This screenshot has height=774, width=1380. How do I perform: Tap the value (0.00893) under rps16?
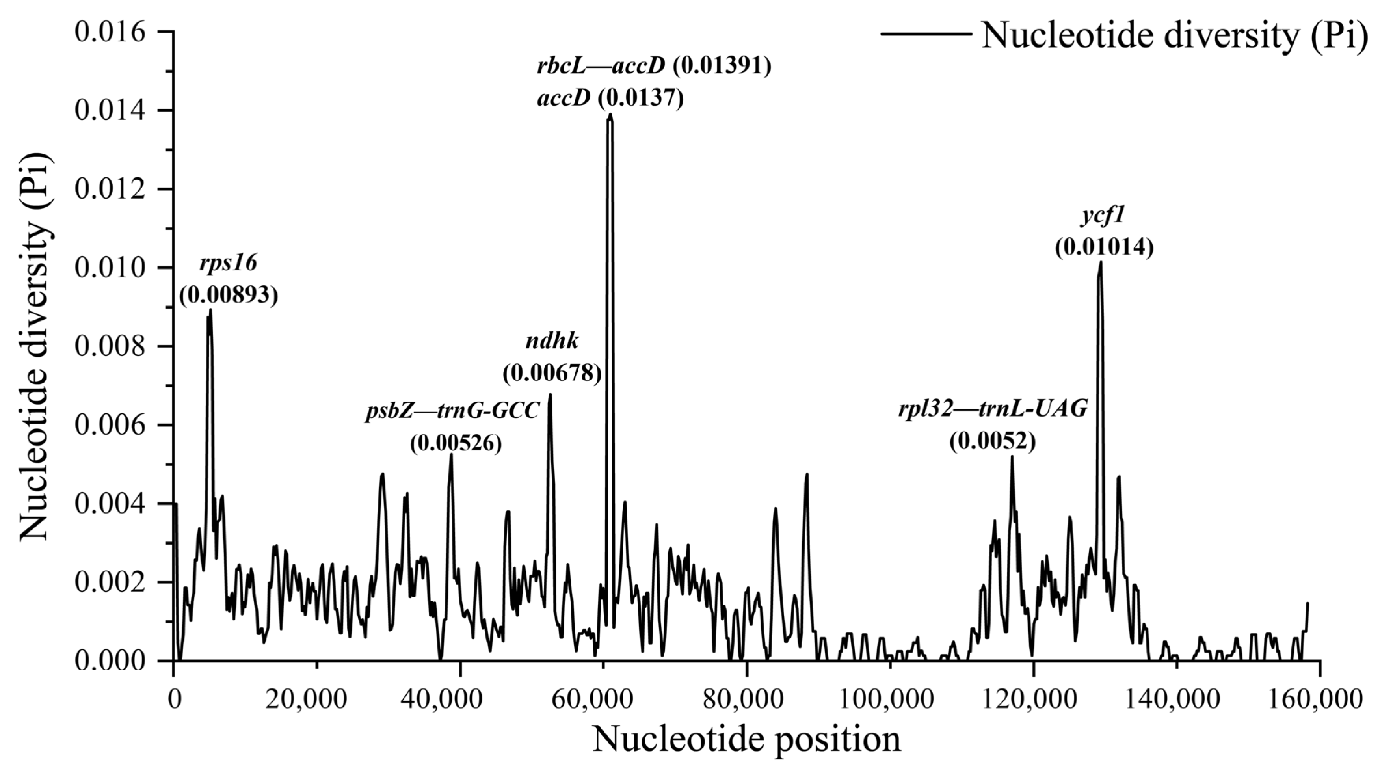pos(228,295)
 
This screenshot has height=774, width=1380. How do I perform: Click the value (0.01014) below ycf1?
pos(1104,247)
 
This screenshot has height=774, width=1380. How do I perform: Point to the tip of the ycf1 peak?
pos(1101,262)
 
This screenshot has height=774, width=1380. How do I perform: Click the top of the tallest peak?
pos(610,114)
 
